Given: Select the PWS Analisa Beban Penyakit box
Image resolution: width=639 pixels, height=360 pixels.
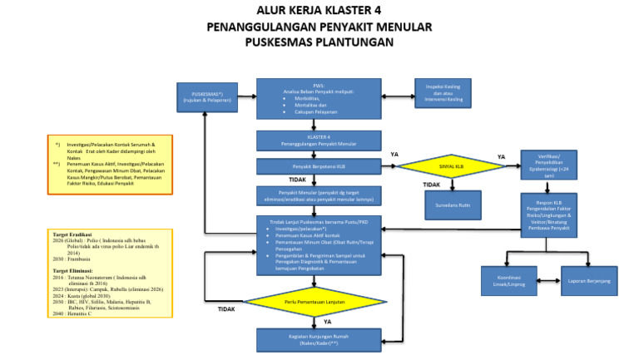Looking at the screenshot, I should pyautogui.click(x=319, y=99).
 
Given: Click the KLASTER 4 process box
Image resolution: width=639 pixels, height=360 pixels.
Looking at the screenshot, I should pyautogui.click(x=319, y=141).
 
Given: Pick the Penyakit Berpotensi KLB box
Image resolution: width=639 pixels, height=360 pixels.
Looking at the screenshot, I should pyautogui.click(x=319, y=167).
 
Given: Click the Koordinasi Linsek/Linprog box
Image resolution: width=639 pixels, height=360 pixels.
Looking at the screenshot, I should pyautogui.click(x=508, y=281).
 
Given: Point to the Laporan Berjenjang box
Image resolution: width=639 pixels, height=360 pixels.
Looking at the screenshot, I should pyautogui.click(x=589, y=281).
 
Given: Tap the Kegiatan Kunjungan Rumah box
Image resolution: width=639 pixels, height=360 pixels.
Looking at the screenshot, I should pyautogui.click(x=319, y=339).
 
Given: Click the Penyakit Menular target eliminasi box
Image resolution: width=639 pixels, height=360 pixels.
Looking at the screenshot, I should pyautogui.click(x=319, y=196).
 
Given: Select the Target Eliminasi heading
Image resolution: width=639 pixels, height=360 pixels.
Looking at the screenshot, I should pyautogui.click(x=72, y=271).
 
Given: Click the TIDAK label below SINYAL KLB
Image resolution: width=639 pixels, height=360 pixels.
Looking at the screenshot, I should pyautogui.click(x=431, y=185).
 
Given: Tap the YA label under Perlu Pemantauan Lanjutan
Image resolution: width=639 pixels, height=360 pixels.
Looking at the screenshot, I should pyautogui.click(x=327, y=321).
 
